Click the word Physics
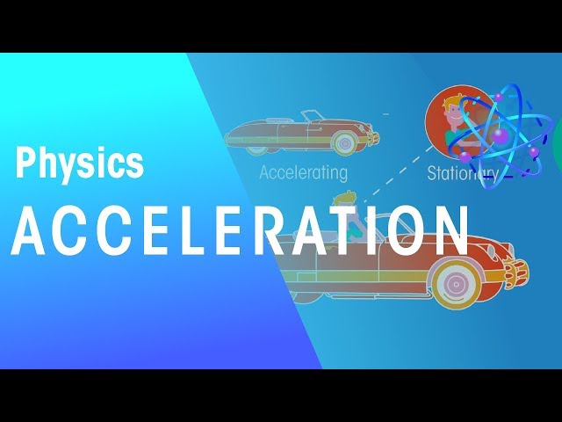click(79, 164)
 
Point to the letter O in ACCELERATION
click(418, 231)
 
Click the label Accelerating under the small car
click(303, 172)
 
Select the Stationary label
click(462, 173)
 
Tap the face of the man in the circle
click(456, 115)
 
